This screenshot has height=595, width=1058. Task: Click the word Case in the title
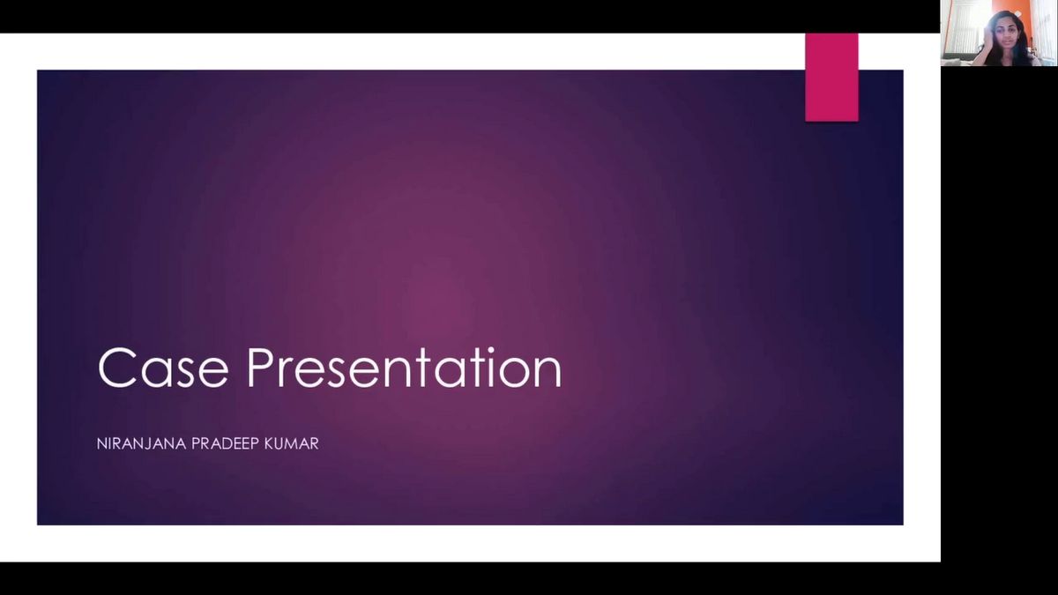pyautogui.click(x=163, y=368)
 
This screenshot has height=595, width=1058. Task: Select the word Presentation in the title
pyautogui.click(x=405, y=368)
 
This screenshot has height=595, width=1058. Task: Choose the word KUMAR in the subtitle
pyautogui.click(x=293, y=444)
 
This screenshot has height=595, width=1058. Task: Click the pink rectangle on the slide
pyautogui.click(x=831, y=77)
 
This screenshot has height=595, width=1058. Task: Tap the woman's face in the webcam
pyautogui.click(x=1007, y=35)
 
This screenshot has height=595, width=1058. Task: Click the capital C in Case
pyautogui.click(x=116, y=368)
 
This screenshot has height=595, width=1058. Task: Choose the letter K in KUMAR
pyautogui.click(x=270, y=444)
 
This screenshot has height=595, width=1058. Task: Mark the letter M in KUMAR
pyautogui.click(x=294, y=444)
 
